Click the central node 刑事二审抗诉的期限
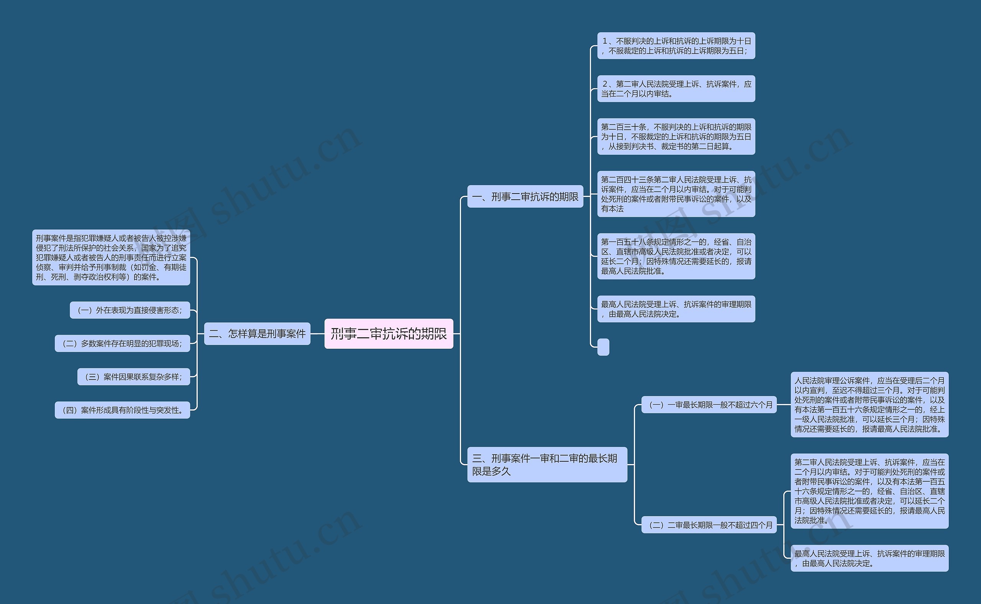(x=389, y=333)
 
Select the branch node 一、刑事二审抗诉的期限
(x=525, y=197)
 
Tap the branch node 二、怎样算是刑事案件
(x=257, y=333)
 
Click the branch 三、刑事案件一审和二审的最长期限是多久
(x=547, y=464)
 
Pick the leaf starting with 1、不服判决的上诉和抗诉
(x=676, y=46)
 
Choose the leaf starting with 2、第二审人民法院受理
(x=676, y=89)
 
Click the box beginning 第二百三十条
(x=676, y=136)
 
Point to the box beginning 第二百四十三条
(x=676, y=194)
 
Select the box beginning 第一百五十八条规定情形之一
(x=676, y=256)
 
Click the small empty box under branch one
(x=603, y=347)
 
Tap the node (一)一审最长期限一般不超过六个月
(x=709, y=405)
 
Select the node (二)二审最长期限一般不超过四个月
(x=709, y=525)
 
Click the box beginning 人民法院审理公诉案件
(x=869, y=405)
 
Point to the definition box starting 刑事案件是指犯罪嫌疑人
(x=111, y=257)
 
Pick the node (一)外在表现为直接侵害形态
(x=130, y=310)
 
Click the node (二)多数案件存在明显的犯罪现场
(x=122, y=343)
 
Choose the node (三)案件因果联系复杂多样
(x=133, y=377)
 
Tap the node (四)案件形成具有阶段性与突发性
(x=122, y=410)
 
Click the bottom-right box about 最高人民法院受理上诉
(x=869, y=558)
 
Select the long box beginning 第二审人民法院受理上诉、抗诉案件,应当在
(x=869, y=491)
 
